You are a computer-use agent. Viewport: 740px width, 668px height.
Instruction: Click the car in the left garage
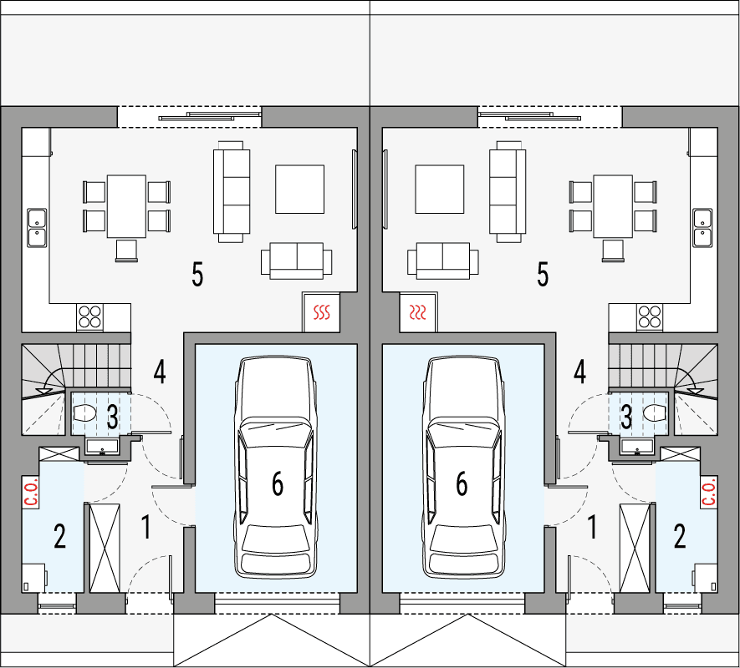(x=276, y=468)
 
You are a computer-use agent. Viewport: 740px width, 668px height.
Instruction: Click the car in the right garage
(x=463, y=468)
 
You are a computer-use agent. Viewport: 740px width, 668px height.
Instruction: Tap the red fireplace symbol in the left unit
(x=322, y=313)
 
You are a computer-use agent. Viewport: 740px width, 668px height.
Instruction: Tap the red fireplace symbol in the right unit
(x=418, y=313)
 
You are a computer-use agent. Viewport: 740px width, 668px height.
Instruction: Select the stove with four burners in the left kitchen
(x=90, y=316)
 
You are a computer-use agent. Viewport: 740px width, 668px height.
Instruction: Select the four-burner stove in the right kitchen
(x=649, y=316)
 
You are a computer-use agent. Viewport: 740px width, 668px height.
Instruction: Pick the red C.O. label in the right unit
(x=708, y=492)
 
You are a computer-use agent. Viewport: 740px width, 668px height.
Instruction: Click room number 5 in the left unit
(x=197, y=274)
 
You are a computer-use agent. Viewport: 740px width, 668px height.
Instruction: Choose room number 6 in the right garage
(x=461, y=483)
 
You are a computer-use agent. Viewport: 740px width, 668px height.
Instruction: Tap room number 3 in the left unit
(x=112, y=413)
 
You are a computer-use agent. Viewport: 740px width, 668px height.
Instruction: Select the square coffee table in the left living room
(x=299, y=190)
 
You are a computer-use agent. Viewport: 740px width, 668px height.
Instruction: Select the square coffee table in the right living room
(x=439, y=190)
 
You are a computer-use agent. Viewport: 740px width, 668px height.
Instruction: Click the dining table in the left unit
(x=126, y=205)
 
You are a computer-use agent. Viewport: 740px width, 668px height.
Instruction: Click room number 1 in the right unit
(x=593, y=527)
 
